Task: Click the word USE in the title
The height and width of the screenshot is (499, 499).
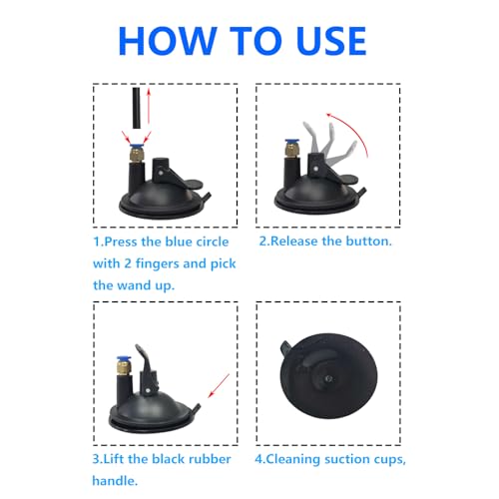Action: coord(331,41)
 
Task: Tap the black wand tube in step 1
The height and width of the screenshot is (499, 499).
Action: coord(136,108)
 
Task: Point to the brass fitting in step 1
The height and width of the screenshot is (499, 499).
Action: coord(136,155)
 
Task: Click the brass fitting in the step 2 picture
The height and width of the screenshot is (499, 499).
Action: coord(291,151)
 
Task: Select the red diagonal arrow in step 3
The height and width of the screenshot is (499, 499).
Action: coord(219,385)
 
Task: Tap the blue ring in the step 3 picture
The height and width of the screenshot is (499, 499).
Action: coord(123,359)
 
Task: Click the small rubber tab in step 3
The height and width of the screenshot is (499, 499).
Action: coord(197,409)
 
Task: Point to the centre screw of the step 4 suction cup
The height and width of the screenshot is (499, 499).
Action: coord(328,378)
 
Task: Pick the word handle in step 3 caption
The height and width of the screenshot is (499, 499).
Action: coord(115,481)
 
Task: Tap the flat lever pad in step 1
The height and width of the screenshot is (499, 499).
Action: coord(193,185)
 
